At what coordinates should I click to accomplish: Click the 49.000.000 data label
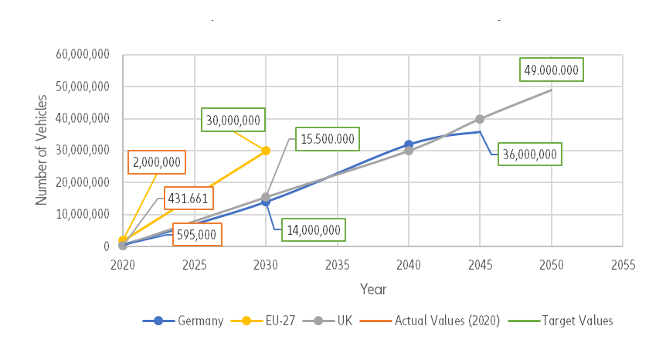(551, 70)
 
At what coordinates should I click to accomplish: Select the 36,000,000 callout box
(529, 154)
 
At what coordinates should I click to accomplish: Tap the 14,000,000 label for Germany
(313, 229)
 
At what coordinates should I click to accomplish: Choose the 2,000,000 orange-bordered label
(157, 162)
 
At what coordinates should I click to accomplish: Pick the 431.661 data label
(188, 199)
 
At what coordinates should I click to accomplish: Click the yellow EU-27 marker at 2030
(266, 151)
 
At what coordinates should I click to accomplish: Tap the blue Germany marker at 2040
(409, 144)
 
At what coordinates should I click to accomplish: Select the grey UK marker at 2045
(480, 119)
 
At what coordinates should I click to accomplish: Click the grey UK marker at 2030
(266, 197)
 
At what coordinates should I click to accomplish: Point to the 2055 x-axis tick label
(622, 265)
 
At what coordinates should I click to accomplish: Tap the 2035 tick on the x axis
(337, 265)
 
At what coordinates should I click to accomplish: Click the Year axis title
(372, 289)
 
